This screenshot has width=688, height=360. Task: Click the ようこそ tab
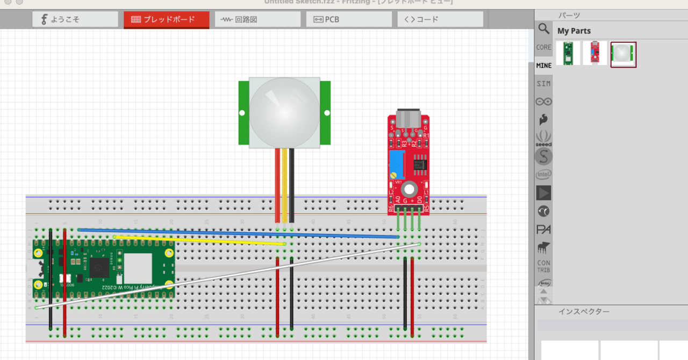click(75, 19)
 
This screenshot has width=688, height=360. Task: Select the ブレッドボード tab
click(166, 19)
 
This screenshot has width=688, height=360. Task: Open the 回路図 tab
click(257, 19)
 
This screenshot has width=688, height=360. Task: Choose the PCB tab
click(349, 19)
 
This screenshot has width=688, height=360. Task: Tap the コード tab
click(440, 19)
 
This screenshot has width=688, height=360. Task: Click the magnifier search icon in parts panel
click(543, 28)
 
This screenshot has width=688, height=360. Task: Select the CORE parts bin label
click(543, 47)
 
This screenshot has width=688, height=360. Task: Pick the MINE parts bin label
click(543, 66)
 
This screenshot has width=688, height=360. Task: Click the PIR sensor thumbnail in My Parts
click(623, 54)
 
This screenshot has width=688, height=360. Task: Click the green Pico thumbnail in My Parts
click(569, 54)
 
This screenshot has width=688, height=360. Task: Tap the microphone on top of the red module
click(410, 119)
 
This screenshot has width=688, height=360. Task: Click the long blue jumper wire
click(236, 233)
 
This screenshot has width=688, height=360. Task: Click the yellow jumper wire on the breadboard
click(199, 240)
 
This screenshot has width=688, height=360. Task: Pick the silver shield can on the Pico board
click(138, 268)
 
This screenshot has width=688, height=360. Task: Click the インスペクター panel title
click(584, 312)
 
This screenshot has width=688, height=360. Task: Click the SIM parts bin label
click(543, 84)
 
